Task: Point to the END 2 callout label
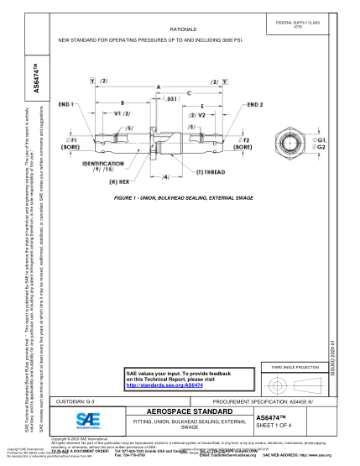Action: click(x=255, y=104)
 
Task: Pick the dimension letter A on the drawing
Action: click(x=158, y=86)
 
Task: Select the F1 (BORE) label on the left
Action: click(x=73, y=142)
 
